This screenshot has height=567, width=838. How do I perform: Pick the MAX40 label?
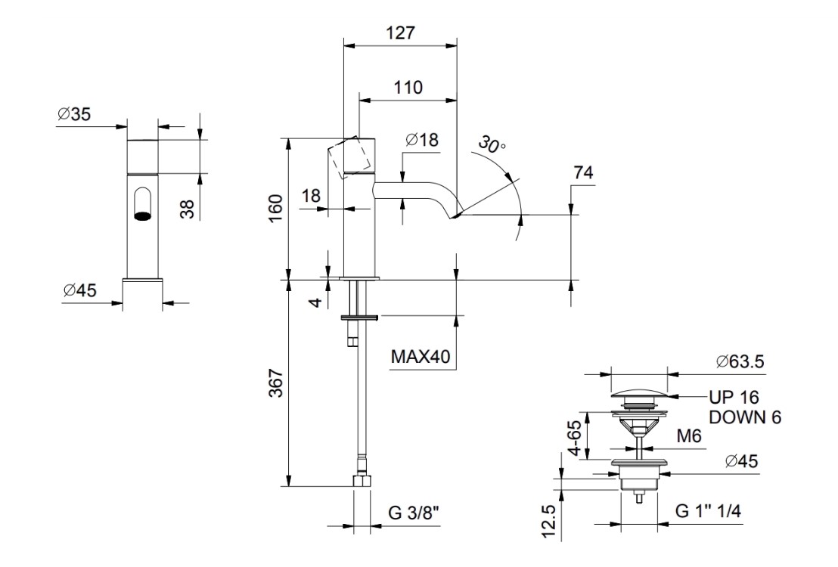422,355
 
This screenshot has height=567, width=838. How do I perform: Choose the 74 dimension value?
582,172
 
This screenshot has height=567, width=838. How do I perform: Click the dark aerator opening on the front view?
141,215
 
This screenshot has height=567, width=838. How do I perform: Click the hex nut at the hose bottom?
361,482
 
